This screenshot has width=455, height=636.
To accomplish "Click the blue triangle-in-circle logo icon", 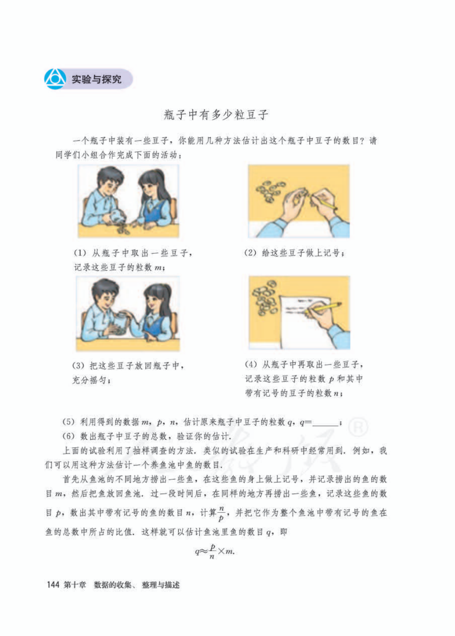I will (x=55, y=79).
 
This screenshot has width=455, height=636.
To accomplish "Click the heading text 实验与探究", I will (x=96, y=79).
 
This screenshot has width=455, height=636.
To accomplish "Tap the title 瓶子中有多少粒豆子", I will (x=216, y=115).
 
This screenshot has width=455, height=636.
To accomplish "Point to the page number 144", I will (x=53, y=585).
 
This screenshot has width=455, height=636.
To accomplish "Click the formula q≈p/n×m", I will (x=214, y=551).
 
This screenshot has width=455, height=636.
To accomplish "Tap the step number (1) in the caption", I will (x=80, y=253).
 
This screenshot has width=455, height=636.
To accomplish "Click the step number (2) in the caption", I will (x=250, y=253).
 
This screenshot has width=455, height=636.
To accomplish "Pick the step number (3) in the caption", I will (x=78, y=366).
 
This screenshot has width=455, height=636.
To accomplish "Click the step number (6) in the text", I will (x=68, y=436).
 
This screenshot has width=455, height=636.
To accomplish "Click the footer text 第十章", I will (x=75, y=585).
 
